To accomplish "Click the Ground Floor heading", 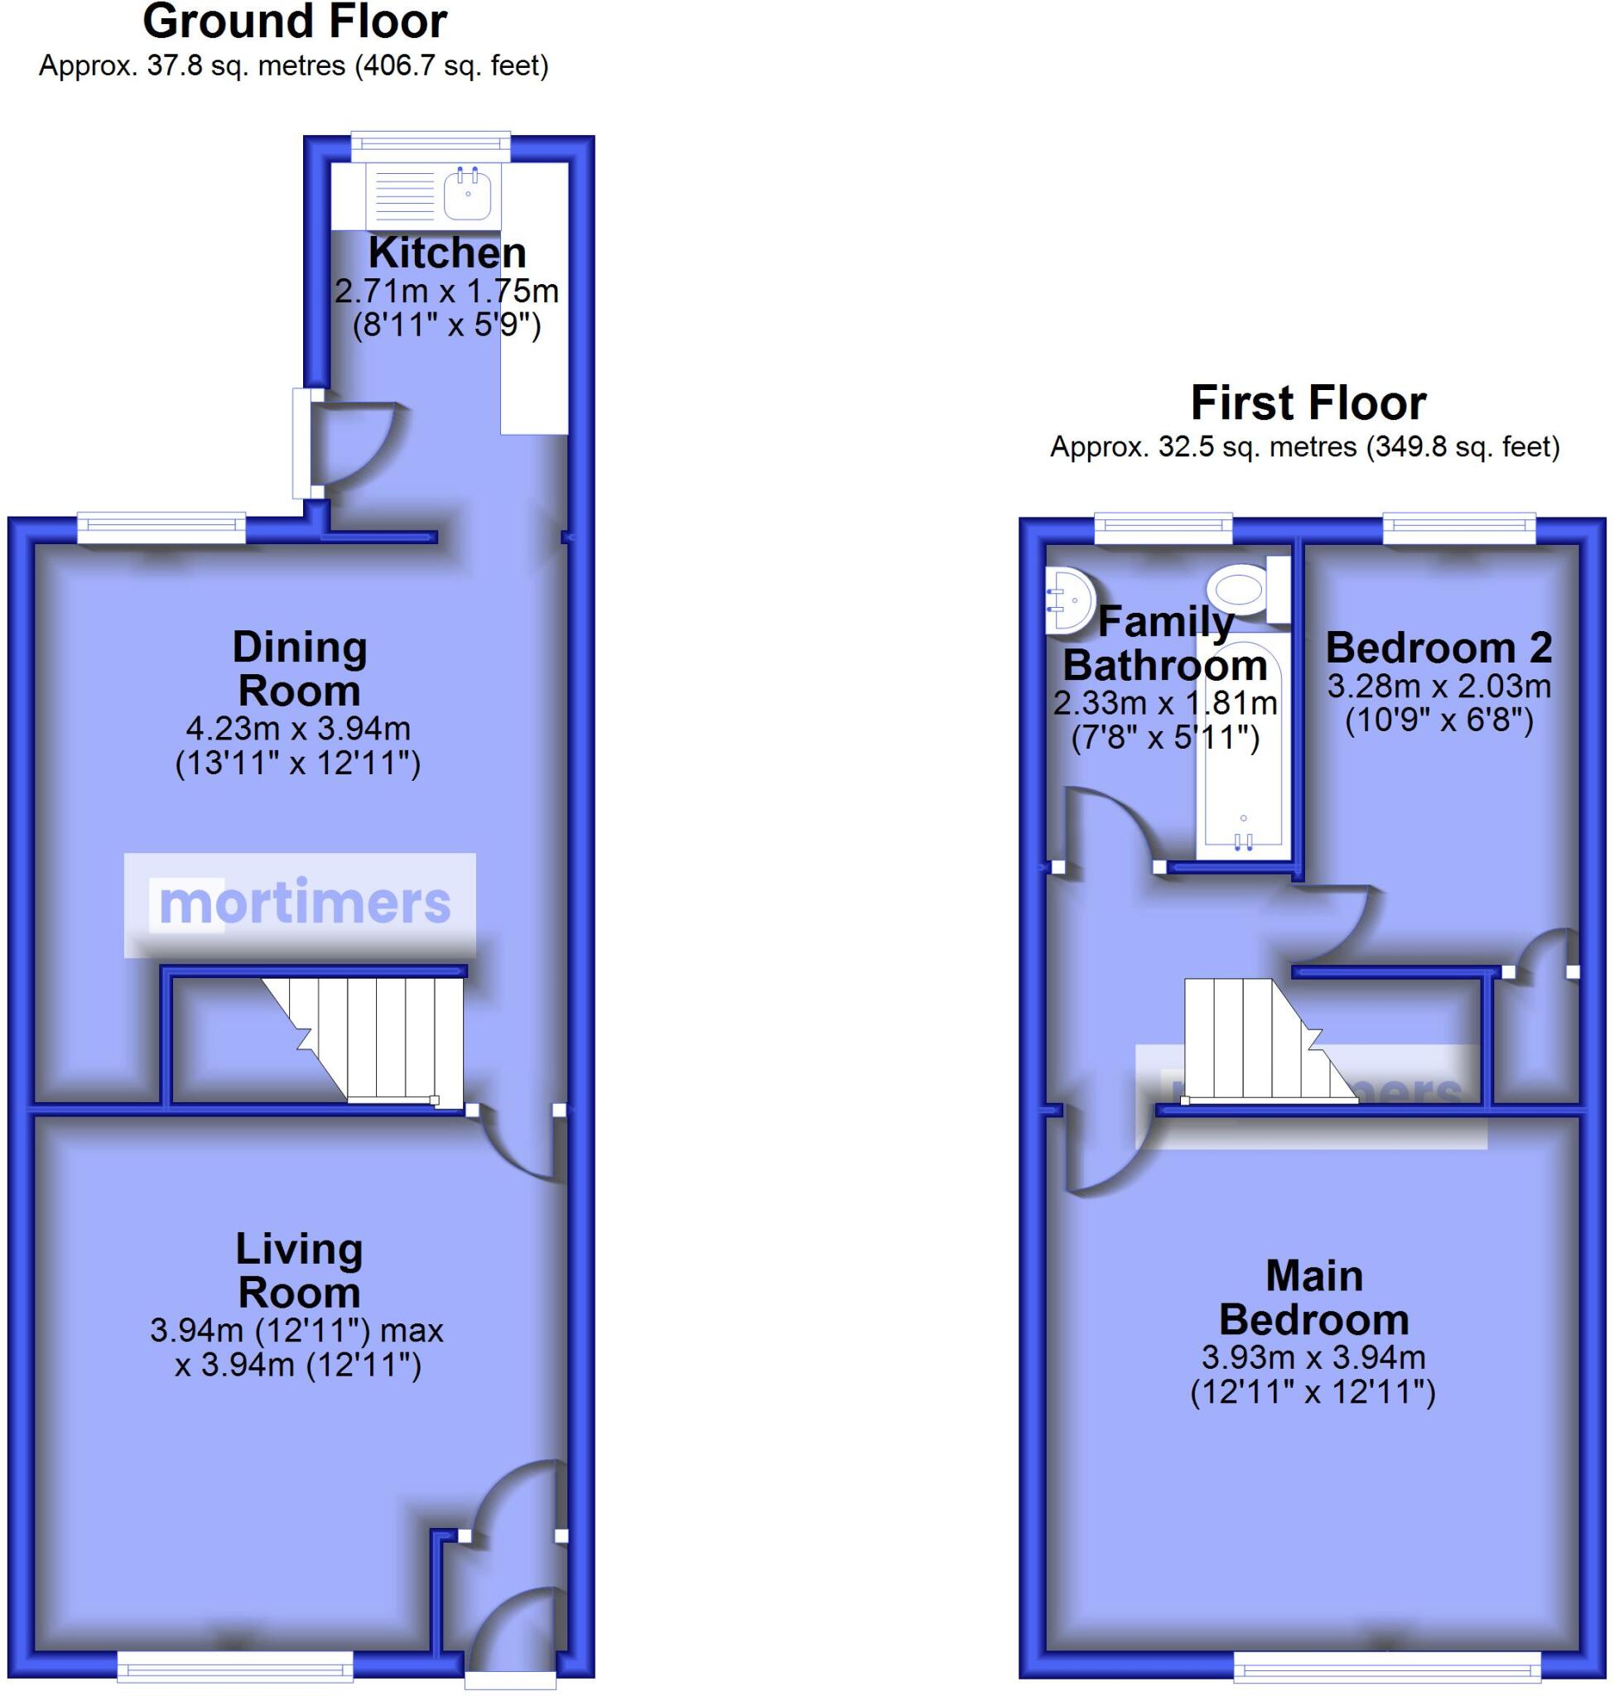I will click(x=294, y=22).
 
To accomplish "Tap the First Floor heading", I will click(x=1308, y=402).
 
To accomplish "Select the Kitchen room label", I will click(x=446, y=253).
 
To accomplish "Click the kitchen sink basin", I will click(x=469, y=192).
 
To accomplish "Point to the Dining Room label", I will click(x=300, y=668).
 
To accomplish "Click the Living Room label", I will click(x=300, y=1271).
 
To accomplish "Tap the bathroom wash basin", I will click(x=1067, y=600).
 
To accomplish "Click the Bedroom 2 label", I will click(x=1438, y=647).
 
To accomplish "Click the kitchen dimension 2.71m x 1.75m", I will click(x=446, y=291).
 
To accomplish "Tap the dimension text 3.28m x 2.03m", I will click(x=1438, y=686).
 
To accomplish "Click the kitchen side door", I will click(x=303, y=443).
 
